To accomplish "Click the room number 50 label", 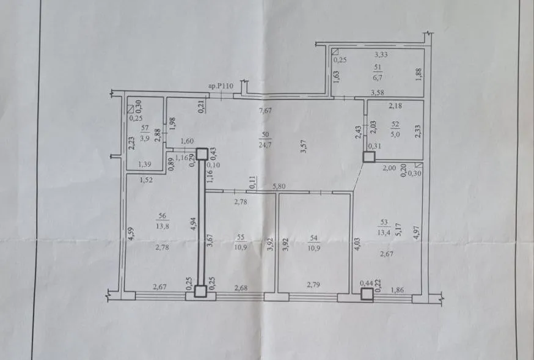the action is pos(265,134).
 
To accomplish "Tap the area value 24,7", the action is pos(265,145).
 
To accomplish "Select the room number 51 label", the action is pos(378,67).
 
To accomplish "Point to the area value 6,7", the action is pos(378,77).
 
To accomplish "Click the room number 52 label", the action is pos(395,124).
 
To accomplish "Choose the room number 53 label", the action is pos(384,222).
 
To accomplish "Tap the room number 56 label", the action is pos(163,216).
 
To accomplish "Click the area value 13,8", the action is pos(163,226).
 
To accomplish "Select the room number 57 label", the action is pos(145,128).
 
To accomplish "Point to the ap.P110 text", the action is pos(221,86).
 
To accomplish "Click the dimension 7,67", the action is pos(265,111).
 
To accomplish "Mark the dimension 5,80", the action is pos(279,186).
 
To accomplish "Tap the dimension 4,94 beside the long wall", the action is pos(194,224).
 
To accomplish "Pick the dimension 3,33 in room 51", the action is pos(381,54).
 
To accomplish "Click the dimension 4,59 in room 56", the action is pos(131,234).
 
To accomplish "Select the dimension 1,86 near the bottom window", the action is pos(397,290).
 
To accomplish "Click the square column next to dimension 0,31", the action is pos(369,157).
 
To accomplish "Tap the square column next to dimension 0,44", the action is pos(367,294).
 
